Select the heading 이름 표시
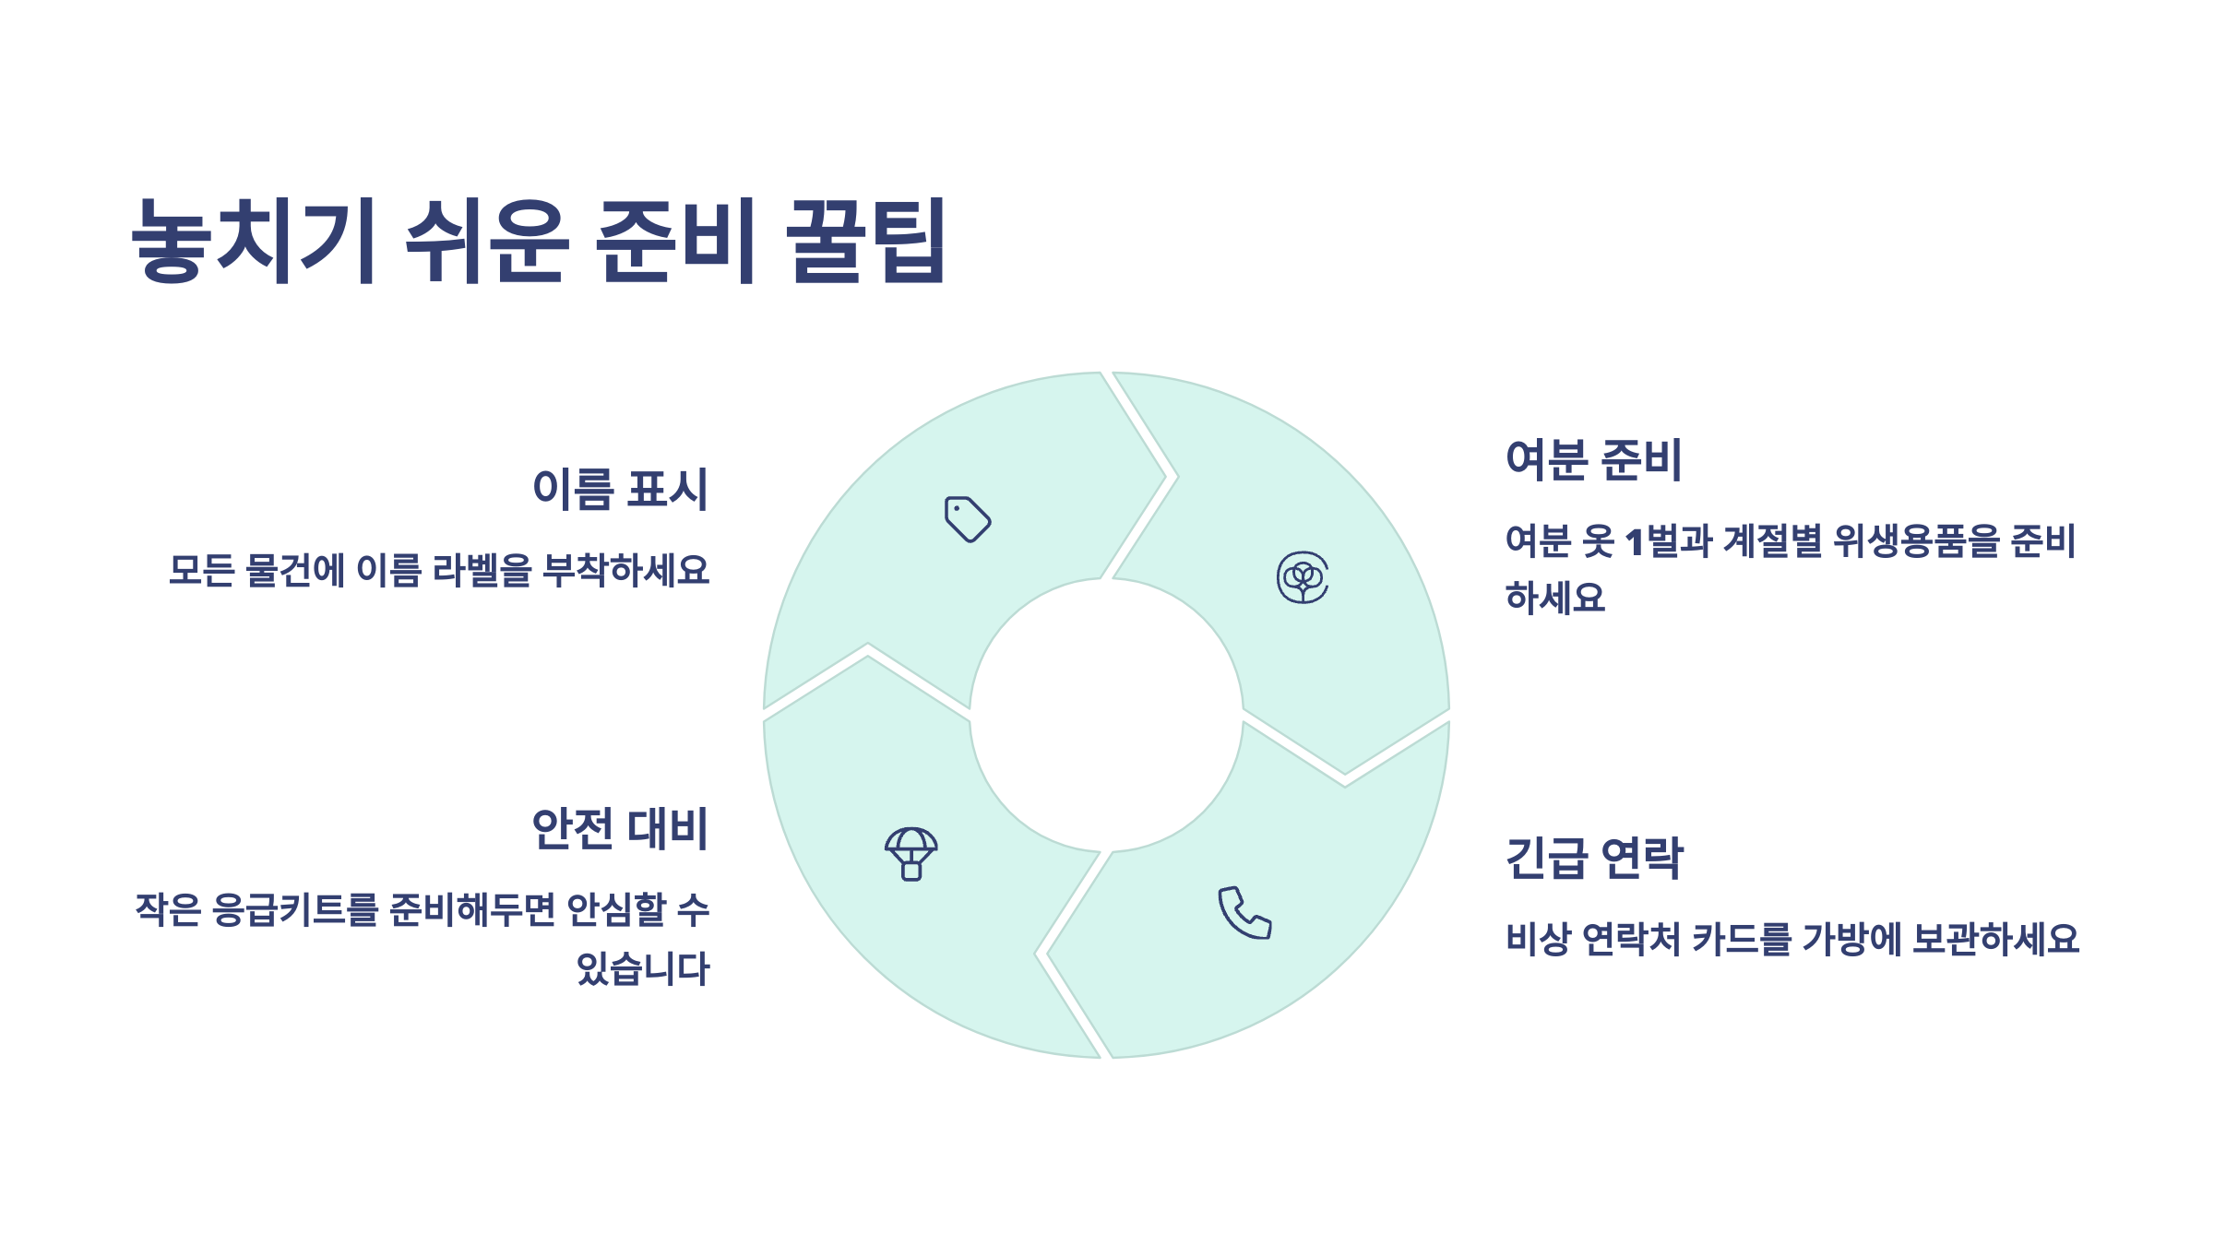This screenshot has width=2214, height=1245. tap(620, 489)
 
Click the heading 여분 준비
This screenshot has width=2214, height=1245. tap(1593, 459)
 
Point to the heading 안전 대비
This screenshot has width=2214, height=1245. tap(620, 828)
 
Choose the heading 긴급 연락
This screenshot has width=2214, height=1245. tap(1594, 858)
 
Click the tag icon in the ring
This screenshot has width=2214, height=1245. tap(968, 519)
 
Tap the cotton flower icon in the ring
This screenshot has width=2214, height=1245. tap(1303, 578)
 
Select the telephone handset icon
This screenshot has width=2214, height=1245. tap(1244, 913)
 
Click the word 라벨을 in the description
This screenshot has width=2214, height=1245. tap(482, 571)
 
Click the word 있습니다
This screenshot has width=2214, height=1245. tap(643, 968)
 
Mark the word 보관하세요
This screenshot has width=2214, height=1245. tap(1995, 939)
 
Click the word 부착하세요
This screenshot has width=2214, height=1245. tap(626, 571)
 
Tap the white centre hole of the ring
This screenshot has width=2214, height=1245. tap(1106, 715)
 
